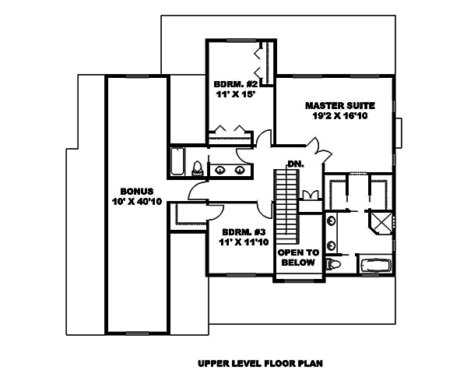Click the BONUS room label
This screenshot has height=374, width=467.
click(x=136, y=191)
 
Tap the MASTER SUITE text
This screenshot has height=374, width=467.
click(x=340, y=104)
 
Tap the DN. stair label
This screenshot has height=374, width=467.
click(x=294, y=164)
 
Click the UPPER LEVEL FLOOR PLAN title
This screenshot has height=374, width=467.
click(x=259, y=363)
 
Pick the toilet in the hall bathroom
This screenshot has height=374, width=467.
click(x=198, y=168)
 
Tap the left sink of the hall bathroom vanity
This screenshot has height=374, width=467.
click(x=220, y=168)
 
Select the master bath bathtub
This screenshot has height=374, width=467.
click(x=374, y=265)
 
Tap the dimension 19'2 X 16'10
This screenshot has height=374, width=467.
click(x=340, y=115)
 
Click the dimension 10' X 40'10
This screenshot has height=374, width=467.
click(x=136, y=202)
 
